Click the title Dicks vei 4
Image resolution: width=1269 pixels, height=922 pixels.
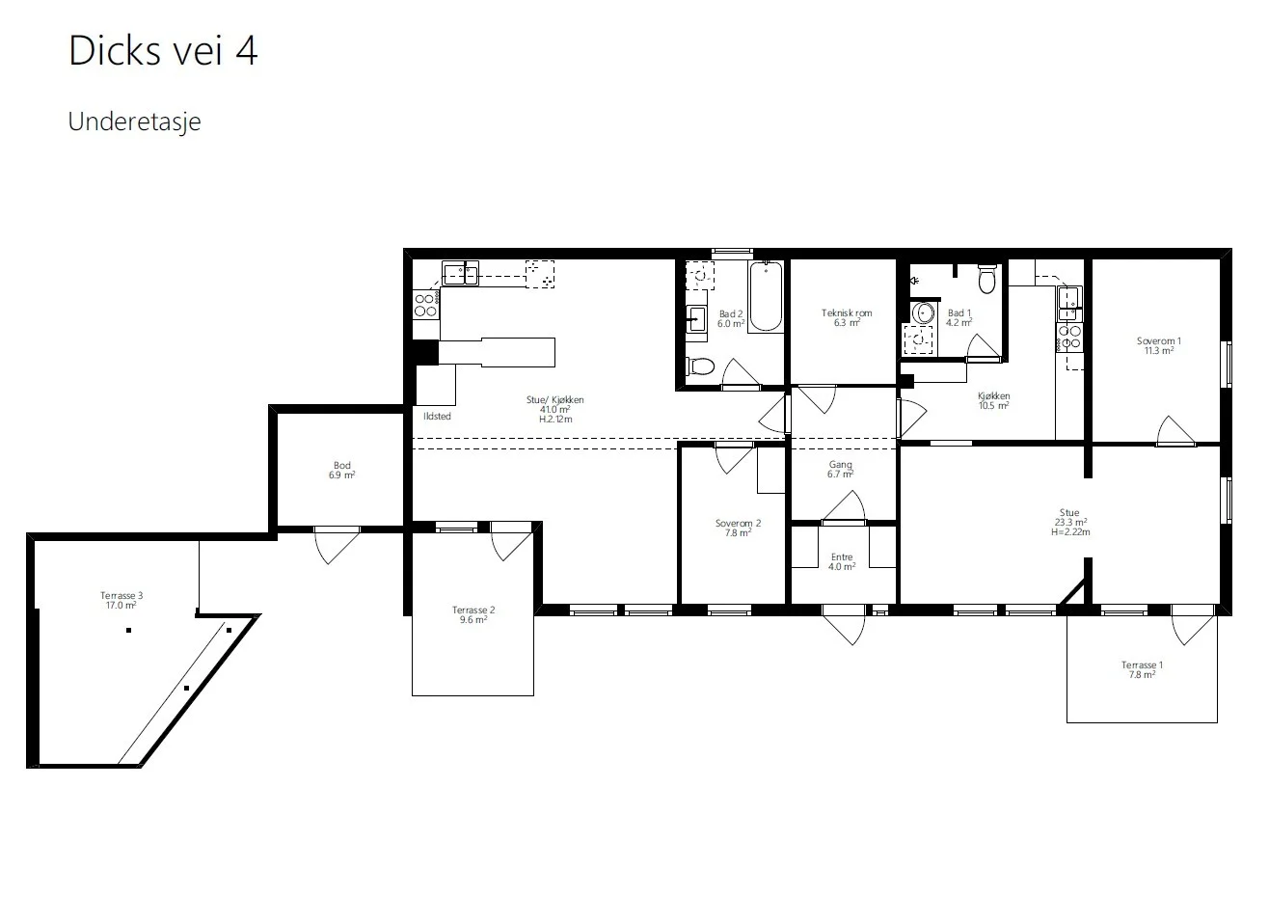[163, 50]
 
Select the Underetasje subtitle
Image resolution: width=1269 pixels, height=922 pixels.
[134, 122]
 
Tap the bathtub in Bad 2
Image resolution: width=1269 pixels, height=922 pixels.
[766, 296]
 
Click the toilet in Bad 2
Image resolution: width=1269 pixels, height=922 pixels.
[700, 366]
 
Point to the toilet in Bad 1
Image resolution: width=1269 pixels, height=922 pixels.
[986, 279]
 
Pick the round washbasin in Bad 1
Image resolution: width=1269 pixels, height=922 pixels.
[924, 313]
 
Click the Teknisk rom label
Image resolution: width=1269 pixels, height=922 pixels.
[847, 312]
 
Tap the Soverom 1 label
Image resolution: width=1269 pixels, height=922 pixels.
[1158, 341]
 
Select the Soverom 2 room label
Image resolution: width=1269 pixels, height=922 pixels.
[738, 524]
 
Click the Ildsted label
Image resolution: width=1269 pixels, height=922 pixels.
[437, 417]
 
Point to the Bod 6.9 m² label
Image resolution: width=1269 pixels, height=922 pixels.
[342, 471]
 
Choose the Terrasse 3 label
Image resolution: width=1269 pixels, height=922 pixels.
[121, 596]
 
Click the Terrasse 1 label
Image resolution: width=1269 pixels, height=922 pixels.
[1142, 665]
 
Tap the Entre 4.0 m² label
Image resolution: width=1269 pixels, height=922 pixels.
[842, 562]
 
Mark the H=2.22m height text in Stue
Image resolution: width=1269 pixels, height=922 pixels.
[1070, 532]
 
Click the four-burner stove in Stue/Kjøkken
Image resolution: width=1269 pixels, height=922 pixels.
[425, 305]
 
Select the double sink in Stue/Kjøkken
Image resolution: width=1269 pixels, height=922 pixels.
[460, 274]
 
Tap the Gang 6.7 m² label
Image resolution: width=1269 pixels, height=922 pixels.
[840, 470]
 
